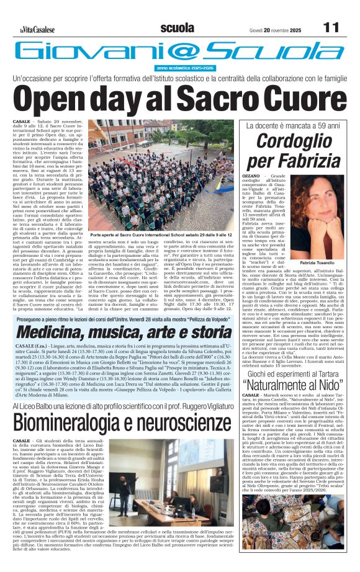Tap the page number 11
[331, 28]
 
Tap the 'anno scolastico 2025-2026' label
[182, 67]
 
